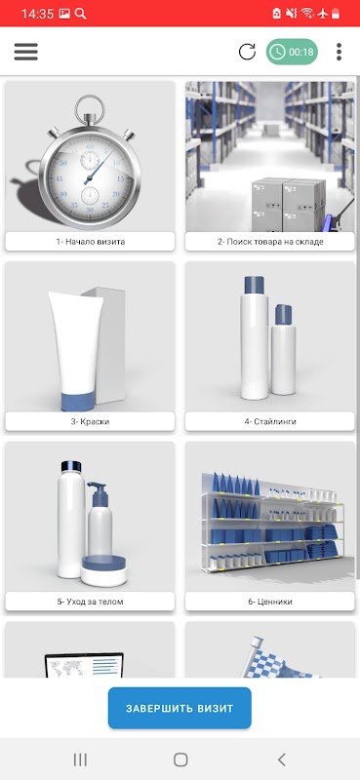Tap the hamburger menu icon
click(x=26, y=52)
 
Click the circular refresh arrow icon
click(x=247, y=52)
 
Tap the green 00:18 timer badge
click(x=292, y=52)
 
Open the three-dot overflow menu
click(x=340, y=52)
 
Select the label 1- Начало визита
click(x=90, y=242)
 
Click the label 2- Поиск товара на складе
click(x=270, y=242)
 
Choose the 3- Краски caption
click(x=90, y=421)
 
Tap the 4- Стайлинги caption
click(x=270, y=421)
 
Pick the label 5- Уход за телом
click(x=90, y=602)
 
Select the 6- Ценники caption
click(x=270, y=602)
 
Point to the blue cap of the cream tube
click(x=78, y=401)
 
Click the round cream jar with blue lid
click(x=103, y=571)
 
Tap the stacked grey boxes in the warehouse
click(x=289, y=205)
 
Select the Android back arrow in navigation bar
click(x=281, y=760)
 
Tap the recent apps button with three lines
click(x=80, y=760)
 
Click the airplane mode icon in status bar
click(x=323, y=14)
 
